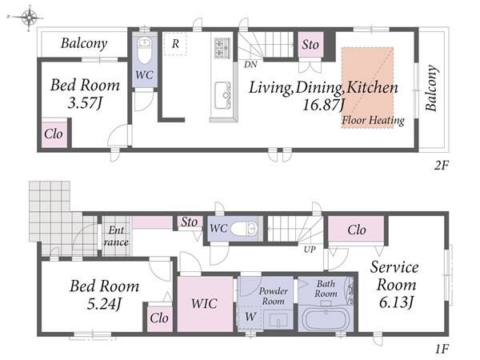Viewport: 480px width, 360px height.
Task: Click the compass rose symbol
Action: click(29, 18)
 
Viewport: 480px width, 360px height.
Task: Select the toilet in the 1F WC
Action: click(244, 229)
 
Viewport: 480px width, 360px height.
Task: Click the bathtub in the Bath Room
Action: click(326, 318)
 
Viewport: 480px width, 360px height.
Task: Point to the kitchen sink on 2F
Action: click(222, 95)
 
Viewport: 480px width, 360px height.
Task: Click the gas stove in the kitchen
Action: click(222, 47)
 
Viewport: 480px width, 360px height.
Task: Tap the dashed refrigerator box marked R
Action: click(175, 44)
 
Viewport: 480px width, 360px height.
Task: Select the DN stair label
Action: click(250, 64)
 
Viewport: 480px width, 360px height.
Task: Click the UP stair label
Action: click(310, 249)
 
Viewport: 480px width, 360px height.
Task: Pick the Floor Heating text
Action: click(373, 120)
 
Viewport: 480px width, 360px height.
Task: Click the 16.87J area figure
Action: click(323, 105)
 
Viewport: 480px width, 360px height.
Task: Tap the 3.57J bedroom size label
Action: click(85, 103)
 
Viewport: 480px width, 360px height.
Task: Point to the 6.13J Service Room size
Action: click(397, 302)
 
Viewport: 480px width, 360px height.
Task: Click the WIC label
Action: click(204, 304)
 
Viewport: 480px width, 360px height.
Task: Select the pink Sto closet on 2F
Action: click(310, 45)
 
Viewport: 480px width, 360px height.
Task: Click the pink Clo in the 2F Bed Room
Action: click(54, 134)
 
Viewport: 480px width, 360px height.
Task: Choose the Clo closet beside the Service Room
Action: click(357, 230)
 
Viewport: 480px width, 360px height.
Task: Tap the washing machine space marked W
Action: click(250, 317)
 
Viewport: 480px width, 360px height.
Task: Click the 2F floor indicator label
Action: click(441, 166)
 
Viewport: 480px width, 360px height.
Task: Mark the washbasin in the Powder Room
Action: click(278, 320)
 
